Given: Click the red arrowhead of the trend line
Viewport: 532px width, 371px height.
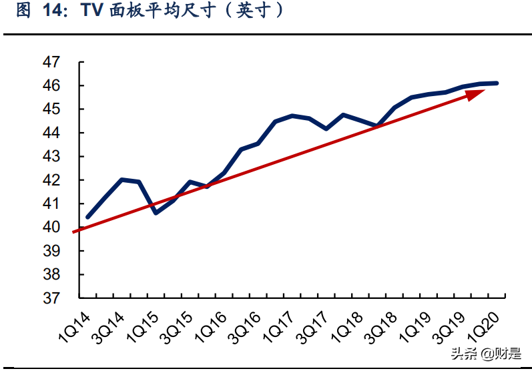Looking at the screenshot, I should (475, 94).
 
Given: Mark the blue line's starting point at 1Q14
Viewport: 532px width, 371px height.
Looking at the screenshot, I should (88, 217).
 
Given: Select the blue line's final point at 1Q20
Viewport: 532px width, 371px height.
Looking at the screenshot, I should (497, 83).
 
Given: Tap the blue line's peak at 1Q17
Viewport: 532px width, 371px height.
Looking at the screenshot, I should (292, 116).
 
